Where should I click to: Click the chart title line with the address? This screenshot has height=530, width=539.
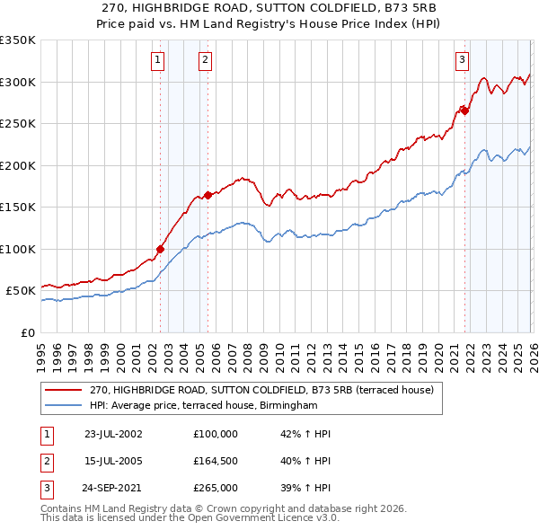click(269, 7)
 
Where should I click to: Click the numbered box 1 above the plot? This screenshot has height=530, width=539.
click(157, 60)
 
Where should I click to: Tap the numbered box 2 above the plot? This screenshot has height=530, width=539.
click(205, 60)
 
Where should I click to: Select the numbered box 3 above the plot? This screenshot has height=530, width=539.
click(462, 60)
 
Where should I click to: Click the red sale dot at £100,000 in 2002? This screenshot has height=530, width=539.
click(161, 249)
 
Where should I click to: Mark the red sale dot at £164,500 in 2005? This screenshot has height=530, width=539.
click(208, 195)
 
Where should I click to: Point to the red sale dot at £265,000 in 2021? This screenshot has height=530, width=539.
click(465, 111)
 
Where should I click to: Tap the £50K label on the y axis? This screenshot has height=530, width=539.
click(22, 291)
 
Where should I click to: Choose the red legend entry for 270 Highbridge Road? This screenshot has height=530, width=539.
click(261, 390)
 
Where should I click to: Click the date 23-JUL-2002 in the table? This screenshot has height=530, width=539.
click(113, 433)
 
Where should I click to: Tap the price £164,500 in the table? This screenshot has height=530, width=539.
click(216, 461)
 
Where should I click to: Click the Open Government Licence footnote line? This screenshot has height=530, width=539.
click(190, 518)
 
